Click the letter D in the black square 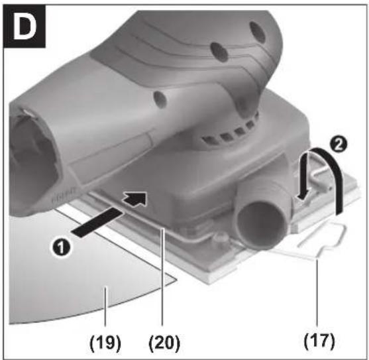click(25, 26)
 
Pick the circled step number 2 click(339, 145)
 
